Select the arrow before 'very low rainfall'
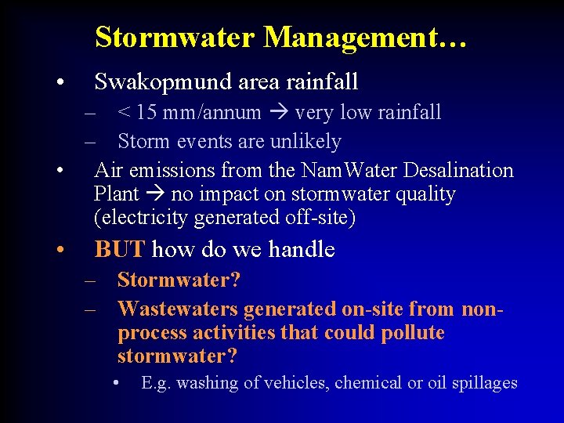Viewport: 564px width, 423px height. tap(278, 113)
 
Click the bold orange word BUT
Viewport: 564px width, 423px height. tap(119, 250)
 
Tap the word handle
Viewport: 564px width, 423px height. tap(302, 250)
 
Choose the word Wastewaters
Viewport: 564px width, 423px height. tap(178, 310)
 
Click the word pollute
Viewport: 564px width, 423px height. tap(412, 333)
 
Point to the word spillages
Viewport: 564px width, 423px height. tap(483, 383)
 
